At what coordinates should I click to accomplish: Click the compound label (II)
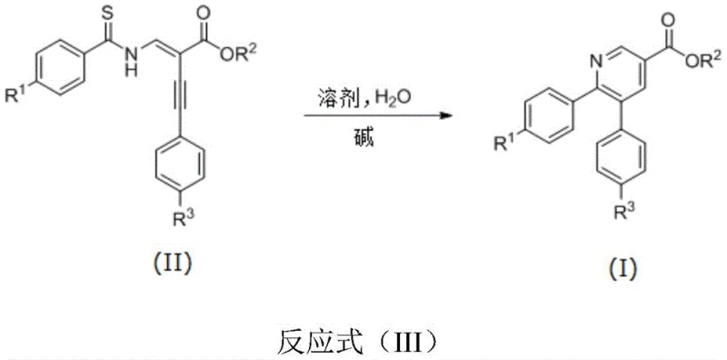coord(168,265)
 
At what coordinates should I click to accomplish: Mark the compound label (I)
coord(622,269)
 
